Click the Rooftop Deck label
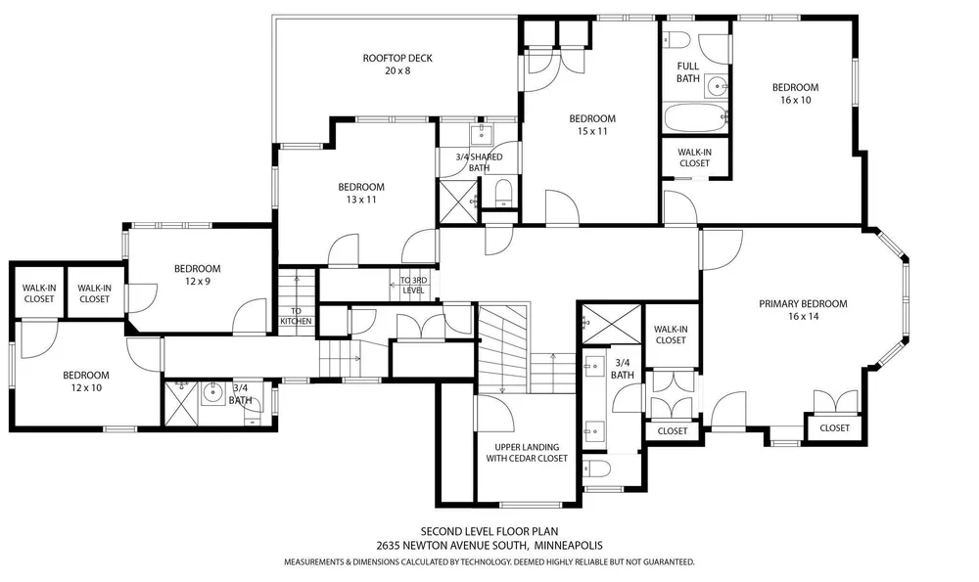click(x=397, y=58)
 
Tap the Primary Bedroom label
click(x=803, y=304)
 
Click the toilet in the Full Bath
click(x=676, y=40)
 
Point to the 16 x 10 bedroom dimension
click(x=795, y=100)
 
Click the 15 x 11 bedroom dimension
click(x=592, y=131)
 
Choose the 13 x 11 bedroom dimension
click(x=361, y=200)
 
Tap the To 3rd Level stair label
click(x=413, y=285)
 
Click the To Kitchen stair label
click(x=296, y=316)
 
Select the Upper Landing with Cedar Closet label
click(x=527, y=452)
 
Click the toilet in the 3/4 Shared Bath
click(x=503, y=192)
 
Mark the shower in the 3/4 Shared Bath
click(x=458, y=201)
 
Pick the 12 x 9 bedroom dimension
click(x=198, y=282)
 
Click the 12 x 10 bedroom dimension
click(x=86, y=387)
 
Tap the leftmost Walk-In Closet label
click(x=39, y=293)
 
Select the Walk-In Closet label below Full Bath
click(x=694, y=157)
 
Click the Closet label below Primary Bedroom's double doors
click(x=834, y=427)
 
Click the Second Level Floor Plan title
click(x=489, y=532)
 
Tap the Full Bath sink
click(x=717, y=85)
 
